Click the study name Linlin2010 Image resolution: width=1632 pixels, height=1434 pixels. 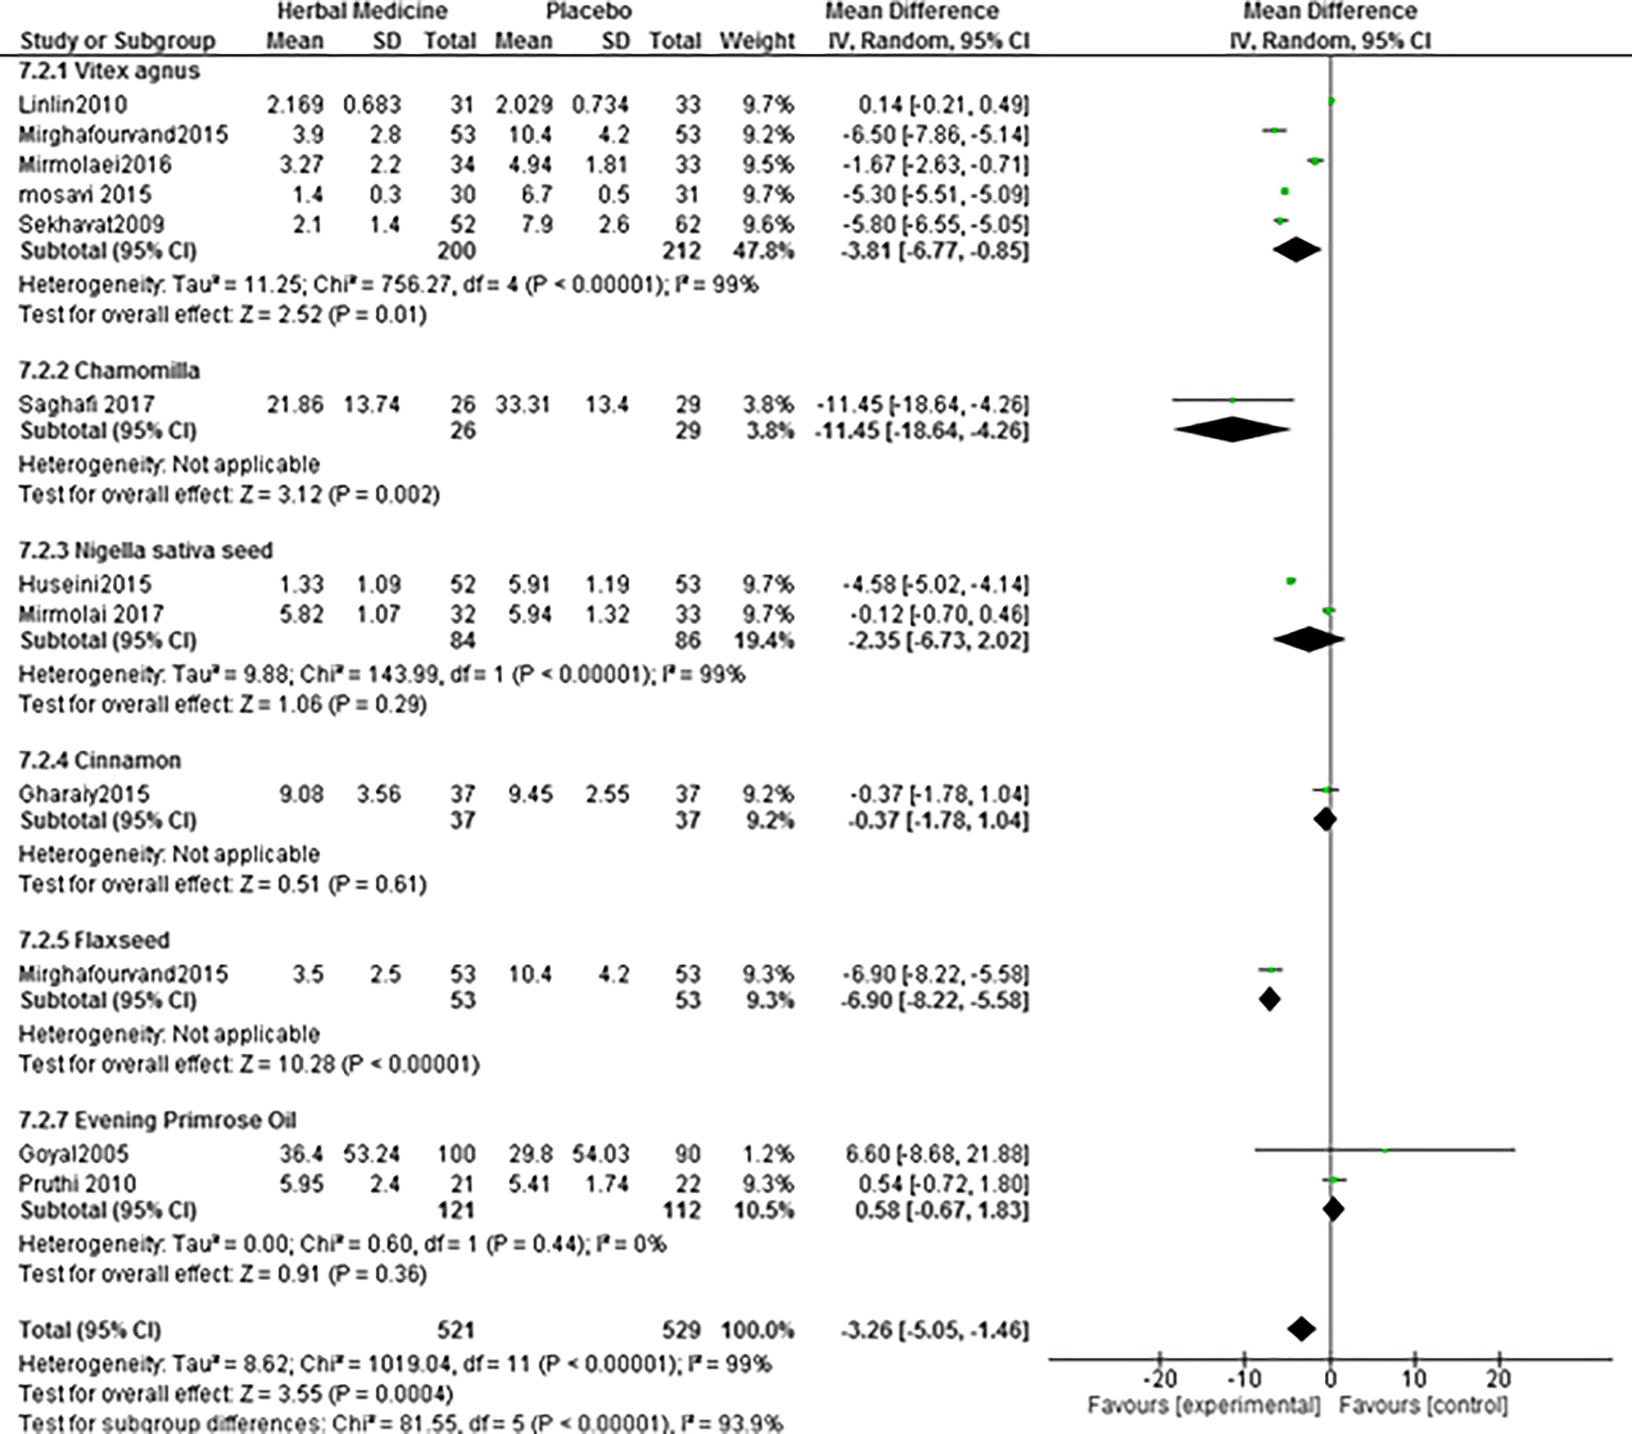pos(73,105)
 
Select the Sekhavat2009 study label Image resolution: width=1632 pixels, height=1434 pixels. pos(92,224)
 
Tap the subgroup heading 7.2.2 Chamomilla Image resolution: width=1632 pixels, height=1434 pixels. pos(109,371)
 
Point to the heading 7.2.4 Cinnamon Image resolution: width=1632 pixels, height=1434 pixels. pos(99,761)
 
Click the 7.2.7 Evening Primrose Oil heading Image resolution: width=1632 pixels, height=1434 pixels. pos(157,1120)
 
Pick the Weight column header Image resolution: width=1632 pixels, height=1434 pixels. pos(757,41)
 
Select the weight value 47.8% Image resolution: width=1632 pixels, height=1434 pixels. pos(763,251)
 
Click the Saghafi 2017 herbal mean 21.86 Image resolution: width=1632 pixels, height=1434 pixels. pos(295,405)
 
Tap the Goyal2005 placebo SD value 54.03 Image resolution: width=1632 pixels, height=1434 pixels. pos(600,1154)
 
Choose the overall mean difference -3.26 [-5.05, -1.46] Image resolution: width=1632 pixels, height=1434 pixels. pos(934,1330)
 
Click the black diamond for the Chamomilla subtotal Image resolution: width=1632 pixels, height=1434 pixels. pos(1232,430)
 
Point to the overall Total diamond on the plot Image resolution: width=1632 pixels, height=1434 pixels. pos(1301,1329)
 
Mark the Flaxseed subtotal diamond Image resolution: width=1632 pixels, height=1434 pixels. pos(1269,999)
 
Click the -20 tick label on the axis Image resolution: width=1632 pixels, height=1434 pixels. pos(1159,1379)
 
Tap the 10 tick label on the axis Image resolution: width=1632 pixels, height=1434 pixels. pos(1414,1379)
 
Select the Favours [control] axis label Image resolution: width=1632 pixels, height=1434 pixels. pos(1423,1405)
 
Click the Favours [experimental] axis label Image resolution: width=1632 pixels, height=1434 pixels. pos(1204,1405)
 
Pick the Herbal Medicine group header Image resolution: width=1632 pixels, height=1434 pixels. pos(362,11)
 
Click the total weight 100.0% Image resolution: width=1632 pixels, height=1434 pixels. pos(757,1330)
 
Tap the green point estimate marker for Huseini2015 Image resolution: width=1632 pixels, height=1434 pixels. pos(1291,581)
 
